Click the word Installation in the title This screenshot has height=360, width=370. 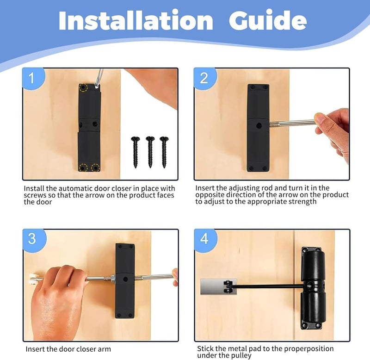click(136, 20)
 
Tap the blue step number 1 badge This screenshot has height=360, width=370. click(33, 78)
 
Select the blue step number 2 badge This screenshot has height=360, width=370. click(204, 78)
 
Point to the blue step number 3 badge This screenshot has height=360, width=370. click(34, 240)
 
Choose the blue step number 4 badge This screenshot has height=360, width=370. click(205, 240)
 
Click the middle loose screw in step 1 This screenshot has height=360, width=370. click(150, 152)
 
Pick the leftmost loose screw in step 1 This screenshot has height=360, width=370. click(136, 152)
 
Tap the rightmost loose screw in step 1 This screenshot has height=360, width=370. click(164, 152)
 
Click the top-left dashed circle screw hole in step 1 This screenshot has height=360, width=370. click(83, 87)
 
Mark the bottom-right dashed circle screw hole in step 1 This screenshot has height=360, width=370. click(96, 168)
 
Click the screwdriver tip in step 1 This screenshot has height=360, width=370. click(97, 87)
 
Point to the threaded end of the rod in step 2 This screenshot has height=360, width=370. click(275, 124)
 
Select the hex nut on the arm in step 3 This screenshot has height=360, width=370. click(112, 279)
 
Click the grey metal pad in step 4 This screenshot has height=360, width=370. click(218, 286)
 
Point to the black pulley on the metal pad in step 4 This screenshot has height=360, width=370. click(228, 286)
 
